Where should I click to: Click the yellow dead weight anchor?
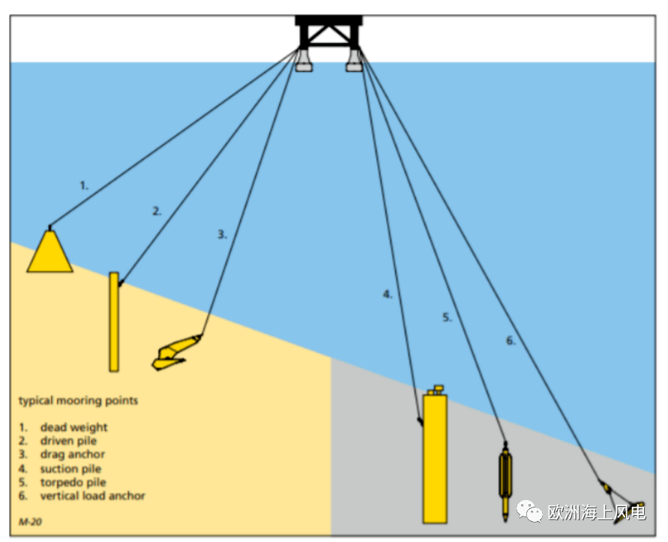coord(49,253)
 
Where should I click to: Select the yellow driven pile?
coord(113,322)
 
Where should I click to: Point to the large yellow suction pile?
coord(435,457)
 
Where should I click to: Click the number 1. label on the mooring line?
coord(84,184)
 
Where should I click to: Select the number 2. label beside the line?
coord(157,211)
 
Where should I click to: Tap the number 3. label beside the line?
coord(222,235)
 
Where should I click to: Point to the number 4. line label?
coord(388,295)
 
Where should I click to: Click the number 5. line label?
coord(447,318)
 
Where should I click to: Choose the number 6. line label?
coord(511,341)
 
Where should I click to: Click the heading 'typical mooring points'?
coord(78,400)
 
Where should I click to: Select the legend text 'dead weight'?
coord(73,427)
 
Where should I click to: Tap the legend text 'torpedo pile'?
coord(73,482)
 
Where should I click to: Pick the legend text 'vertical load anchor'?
coord(92,496)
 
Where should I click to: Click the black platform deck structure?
coord(328,30)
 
